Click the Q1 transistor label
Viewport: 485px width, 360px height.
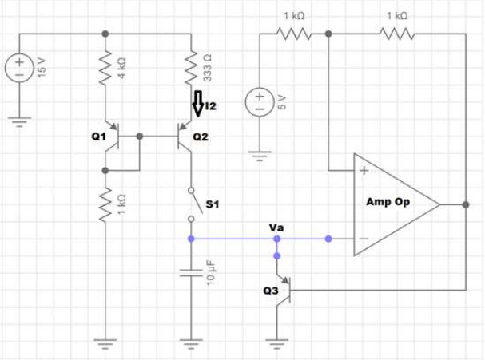pyautogui.click(x=99, y=136)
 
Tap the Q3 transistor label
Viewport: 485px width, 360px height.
pyautogui.click(x=270, y=292)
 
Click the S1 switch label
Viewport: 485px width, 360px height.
pyautogui.click(x=213, y=204)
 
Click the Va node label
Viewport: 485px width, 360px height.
pyautogui.click(x=276, y=228)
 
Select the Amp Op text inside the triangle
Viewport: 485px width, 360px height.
pyautogui.click(x=388, y=202)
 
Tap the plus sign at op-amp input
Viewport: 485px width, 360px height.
pyautogui.click(x=364, y=171)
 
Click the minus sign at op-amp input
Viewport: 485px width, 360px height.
pyautogui.click(x=364, y=239)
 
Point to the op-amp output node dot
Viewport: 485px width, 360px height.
pyautogui.click(x=466, y=204)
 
